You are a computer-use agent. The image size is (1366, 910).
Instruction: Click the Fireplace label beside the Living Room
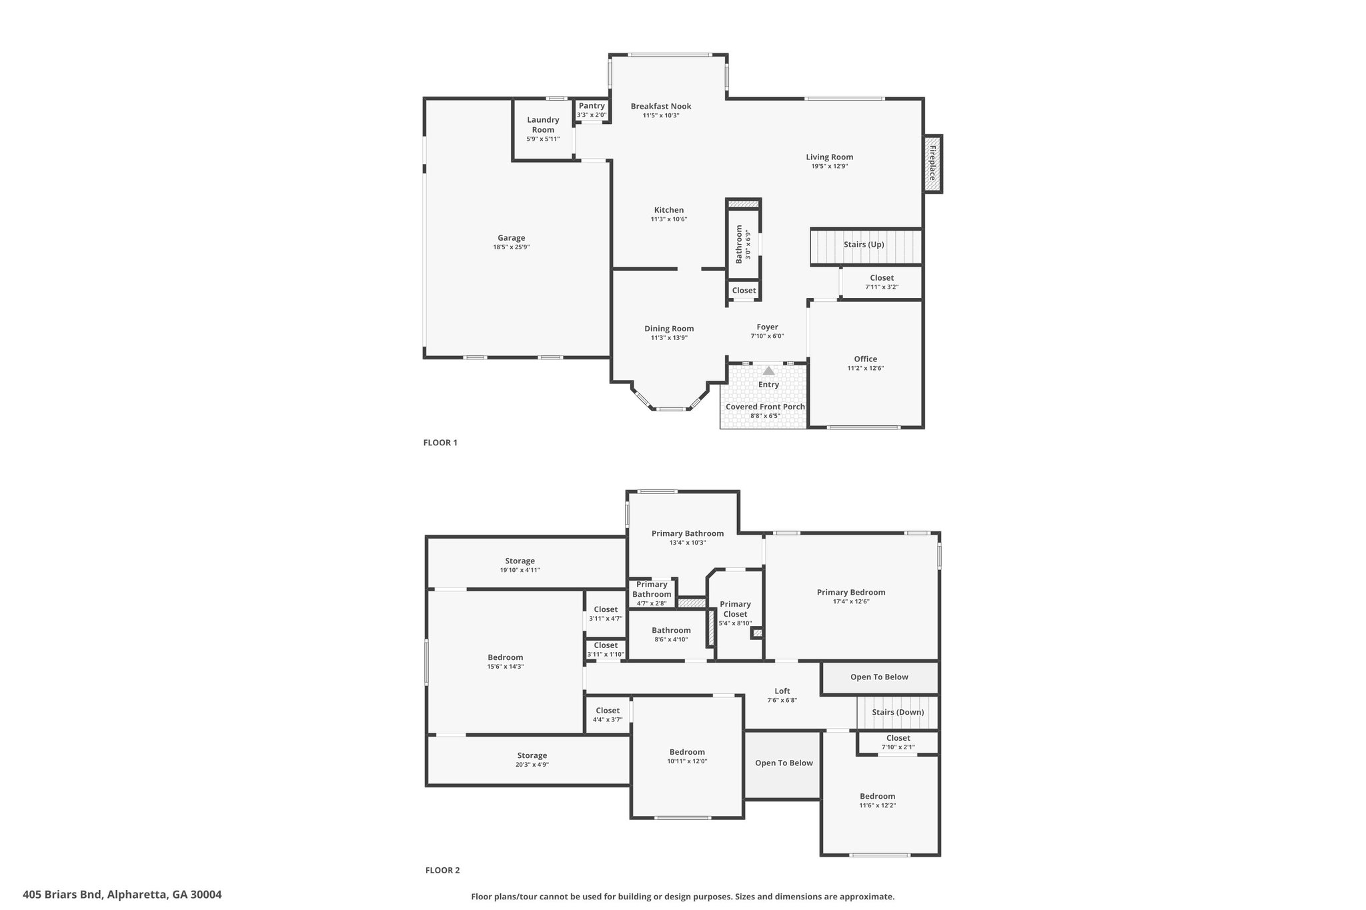[x=932, y=163]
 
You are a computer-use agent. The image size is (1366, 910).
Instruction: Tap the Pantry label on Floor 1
[x=592, y=105]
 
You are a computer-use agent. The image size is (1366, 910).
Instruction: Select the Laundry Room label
[x=543, y=125]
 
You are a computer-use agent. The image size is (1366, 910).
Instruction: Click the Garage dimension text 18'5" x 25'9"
[x=511, y=247]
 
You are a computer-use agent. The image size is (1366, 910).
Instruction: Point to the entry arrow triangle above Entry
[x=768, y=371]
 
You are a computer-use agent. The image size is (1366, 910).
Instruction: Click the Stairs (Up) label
[x=864, y=245]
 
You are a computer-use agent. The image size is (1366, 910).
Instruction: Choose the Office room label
[x=866, y=359]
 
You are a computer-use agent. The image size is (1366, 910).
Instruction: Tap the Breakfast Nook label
[x=661, y=106]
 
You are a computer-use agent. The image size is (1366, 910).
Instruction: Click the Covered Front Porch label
[x=765, y=407]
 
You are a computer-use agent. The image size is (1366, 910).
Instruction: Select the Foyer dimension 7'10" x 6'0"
[x=767, y=336]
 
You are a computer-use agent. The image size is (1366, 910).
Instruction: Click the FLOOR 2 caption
[x=443, y=870]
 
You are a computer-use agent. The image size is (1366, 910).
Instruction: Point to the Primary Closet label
[x=735, y=609]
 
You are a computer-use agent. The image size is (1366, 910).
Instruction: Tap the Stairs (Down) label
[x=898, y=712]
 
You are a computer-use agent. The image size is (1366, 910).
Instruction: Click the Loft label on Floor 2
[x=782, y=691]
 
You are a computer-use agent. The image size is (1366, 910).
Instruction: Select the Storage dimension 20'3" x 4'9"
[x=532, y=765]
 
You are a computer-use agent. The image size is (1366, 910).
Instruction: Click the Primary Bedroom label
[x=851, y=592]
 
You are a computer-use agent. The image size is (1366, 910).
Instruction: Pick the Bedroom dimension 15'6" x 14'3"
[x=505, y=667]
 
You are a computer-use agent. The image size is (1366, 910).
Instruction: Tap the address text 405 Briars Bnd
[x=63, y=895]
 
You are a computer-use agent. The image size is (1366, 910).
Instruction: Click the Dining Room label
[x=669, y=329]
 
